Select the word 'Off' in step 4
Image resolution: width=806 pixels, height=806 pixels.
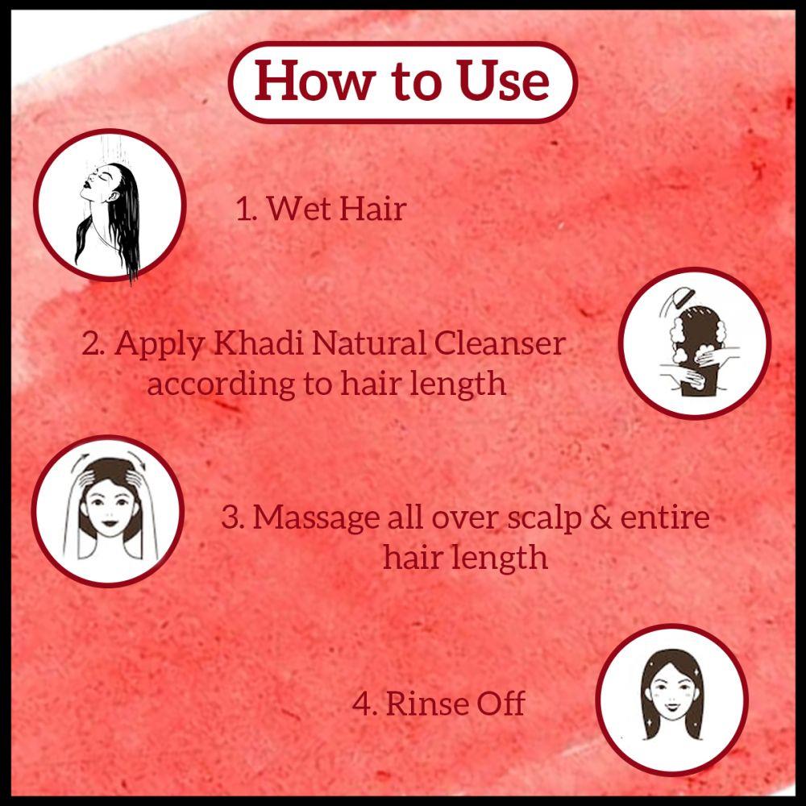click(501, 704)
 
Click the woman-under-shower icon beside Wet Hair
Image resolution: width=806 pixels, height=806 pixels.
click(109, 205)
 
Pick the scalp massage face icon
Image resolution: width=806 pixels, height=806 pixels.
click(109, 512)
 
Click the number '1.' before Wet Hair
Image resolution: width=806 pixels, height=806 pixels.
click(246, 210)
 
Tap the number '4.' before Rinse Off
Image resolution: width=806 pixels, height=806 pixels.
click(364, 704)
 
